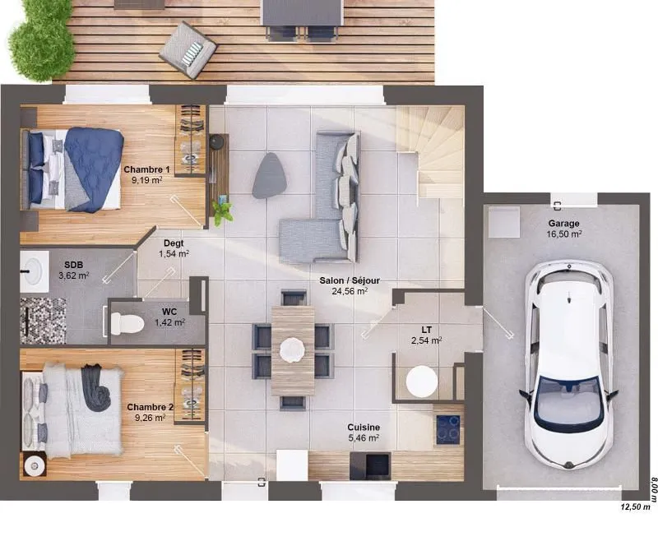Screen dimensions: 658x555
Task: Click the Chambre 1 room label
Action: click(x=147, y=169)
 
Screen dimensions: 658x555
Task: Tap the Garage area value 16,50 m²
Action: click(x=563, y=234)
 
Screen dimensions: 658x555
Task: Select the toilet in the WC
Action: click(x=127, y=323)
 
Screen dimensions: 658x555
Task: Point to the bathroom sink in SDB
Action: click(x=34, y=271)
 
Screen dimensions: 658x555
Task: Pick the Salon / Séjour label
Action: click(x=350, y=280)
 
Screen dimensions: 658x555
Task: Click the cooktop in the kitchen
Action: click(x=447, y=429)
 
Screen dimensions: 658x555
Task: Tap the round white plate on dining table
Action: click(x=292, y=349)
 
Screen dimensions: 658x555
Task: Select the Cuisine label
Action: click(x=364, y=427)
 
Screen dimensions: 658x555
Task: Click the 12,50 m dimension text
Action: click(x=635, y=506)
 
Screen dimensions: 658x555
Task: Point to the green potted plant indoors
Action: click(x=222, y=213)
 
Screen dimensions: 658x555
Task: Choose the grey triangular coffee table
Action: click(x=271, y=175)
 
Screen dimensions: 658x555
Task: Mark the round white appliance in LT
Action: click(x=422, y=381)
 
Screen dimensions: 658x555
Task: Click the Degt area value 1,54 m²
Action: click(x=174, y=254)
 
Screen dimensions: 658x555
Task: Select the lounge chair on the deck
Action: click(x=188, y=50)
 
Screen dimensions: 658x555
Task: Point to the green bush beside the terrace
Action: click(x=40, y=39)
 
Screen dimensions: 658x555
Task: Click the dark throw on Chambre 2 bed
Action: click(x=95, y=386)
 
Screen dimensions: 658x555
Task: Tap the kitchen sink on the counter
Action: click(x=370, y=465)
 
